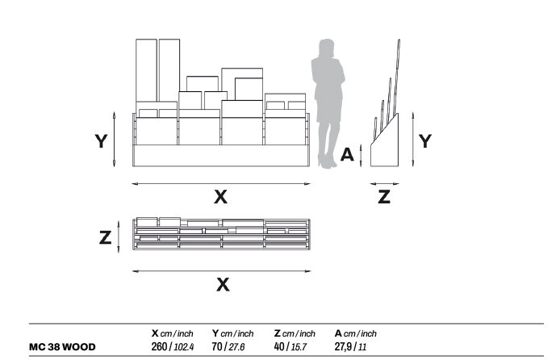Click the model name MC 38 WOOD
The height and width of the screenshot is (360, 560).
pyautogui.click(x=62, y=347)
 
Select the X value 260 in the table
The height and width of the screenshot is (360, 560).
pyautogui.click(x=159, y=347)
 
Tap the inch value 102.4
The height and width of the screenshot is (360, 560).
pyautogui.click(x=183, y=347)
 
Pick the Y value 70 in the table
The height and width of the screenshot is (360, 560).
pyautogui.click(x=217, y=347)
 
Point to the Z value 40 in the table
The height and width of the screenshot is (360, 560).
pyautogui.click(x=280, y=347)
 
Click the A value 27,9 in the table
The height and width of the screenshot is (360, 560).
pyautogui.click(x=343, y=347)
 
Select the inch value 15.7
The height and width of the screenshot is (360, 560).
pyautogui.click(x=299, y=347)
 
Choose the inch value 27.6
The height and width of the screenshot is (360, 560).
pyautogui.click(x=236, y=347)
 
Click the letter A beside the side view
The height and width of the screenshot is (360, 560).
pyautogui.click(x=347, y=155)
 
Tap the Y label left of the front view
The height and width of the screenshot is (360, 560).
pyautogui.click(x=101, y=141)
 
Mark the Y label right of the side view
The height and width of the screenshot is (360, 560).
pyautogui.click(x=425, y=141)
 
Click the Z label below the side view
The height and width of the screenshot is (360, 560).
pyautogui.click(x=384, y=197)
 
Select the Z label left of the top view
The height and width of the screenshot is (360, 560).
pyautogui.click(x=105, y=237)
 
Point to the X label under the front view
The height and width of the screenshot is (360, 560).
pyautogui.click(x=220, y=197)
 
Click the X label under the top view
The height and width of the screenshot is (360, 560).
pyautogui.click(x=223, y=285)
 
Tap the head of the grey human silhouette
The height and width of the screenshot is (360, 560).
pyautogui.click(x=327, y=48)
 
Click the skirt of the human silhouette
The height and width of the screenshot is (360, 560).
pyautogui.click(x=328, y=110)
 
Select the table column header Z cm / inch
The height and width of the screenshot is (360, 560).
pyautogui.click(x=295, y=333)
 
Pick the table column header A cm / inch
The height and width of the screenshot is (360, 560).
pyautogui.click(x=356, y=333)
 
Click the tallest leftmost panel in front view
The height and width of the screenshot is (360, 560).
pyautogui.click(x=146, y=70)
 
